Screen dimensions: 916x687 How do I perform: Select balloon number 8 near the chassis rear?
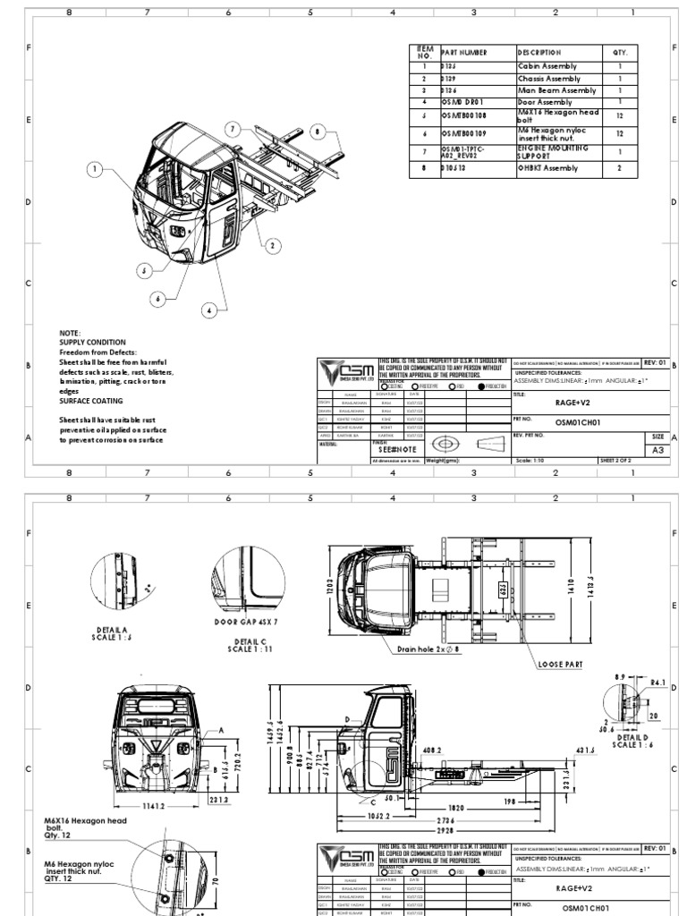316,131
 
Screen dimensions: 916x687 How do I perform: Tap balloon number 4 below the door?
209,310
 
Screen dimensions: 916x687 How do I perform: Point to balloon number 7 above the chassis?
234,129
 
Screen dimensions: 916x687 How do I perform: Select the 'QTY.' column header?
621,53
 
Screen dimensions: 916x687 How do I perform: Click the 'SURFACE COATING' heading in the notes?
93,401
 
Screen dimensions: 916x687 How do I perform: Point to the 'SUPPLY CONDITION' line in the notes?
92,342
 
